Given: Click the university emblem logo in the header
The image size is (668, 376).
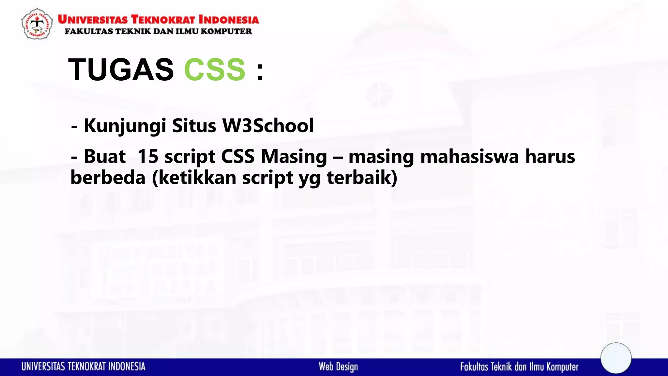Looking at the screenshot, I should pos(37,24).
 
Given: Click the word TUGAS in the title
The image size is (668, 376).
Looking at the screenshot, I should pos(121,70).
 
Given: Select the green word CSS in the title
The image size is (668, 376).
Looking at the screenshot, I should pos(215,70).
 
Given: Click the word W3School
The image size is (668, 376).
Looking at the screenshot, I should pos(268,126).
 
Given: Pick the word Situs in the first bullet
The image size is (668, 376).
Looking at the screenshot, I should pos(194,126).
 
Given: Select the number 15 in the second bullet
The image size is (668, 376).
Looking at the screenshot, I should pos(148,156).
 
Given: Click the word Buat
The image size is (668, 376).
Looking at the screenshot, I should pos(105,156).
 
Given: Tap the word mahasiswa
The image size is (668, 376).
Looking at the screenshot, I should pos(469,156).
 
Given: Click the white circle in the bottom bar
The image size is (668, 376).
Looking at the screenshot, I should pos(616,358).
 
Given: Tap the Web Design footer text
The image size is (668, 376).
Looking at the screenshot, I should pos(338,367).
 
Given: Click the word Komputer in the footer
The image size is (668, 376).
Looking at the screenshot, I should pos(562,367).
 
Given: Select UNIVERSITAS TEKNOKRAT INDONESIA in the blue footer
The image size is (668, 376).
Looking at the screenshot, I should pos(83,367).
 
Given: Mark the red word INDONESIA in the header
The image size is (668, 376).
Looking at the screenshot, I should pos(229,20).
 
